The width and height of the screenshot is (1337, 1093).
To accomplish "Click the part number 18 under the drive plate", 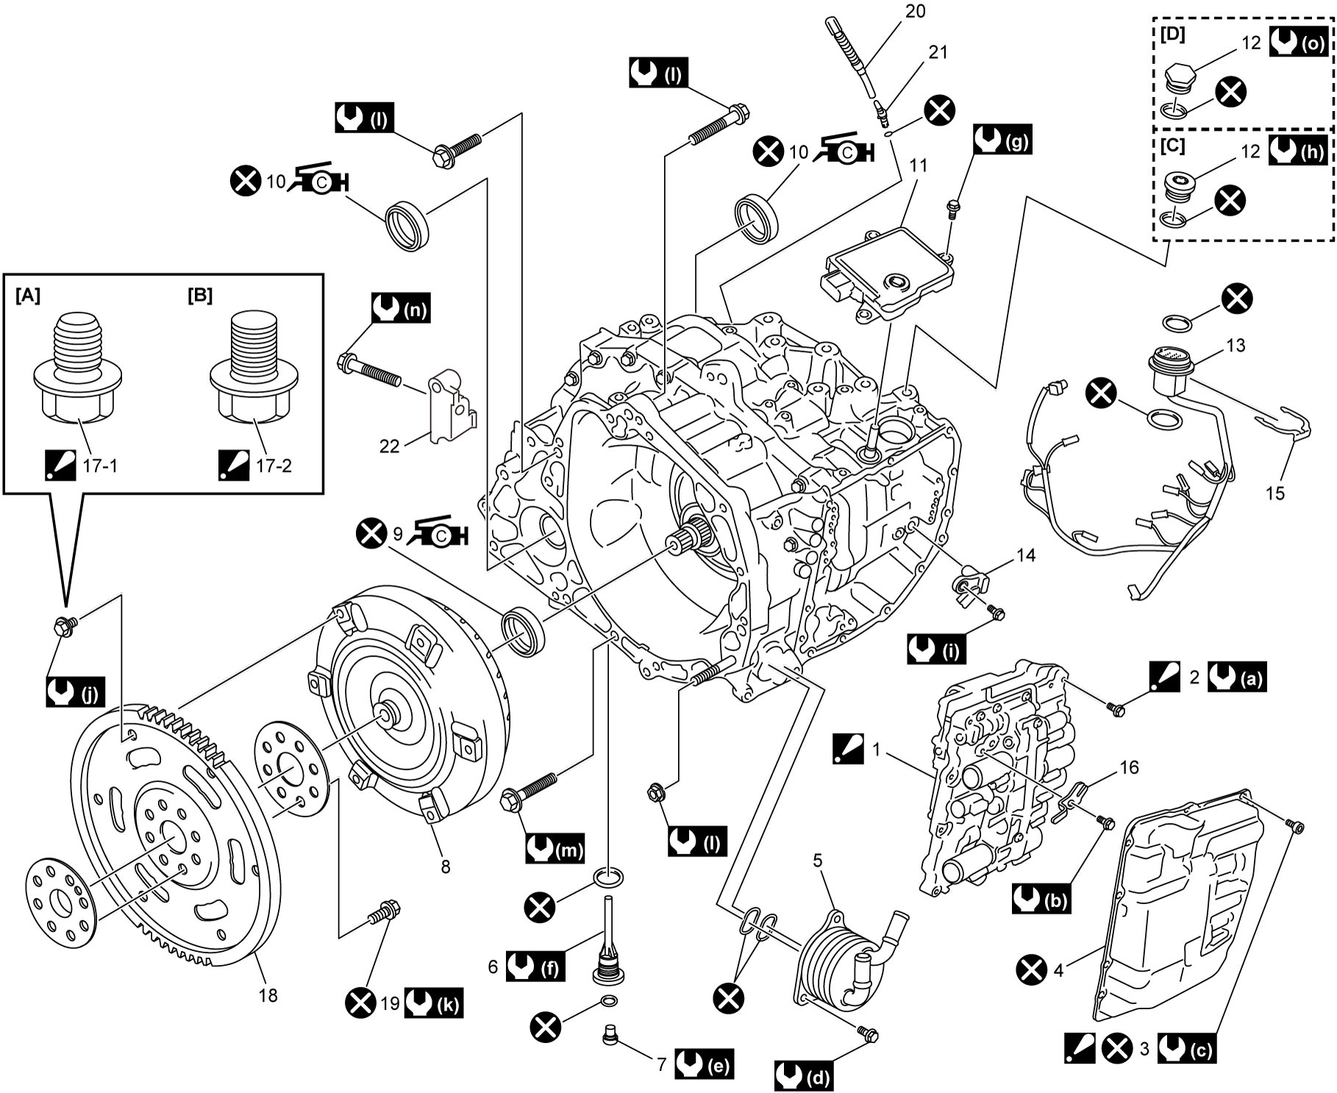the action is [268, 995].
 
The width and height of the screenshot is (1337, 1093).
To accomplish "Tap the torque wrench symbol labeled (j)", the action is [76, 692].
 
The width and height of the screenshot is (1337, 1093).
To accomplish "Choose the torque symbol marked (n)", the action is [401, 309].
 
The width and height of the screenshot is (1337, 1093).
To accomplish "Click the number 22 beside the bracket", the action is [389, 446].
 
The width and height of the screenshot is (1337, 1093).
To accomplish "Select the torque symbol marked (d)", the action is [804, 1076].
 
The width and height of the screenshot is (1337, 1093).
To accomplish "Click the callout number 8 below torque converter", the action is [446, 866].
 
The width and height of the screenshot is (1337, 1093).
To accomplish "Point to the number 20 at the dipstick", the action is [916, 11].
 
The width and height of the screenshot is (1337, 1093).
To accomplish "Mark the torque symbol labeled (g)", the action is [1002, 139].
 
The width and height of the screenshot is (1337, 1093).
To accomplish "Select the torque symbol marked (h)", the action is [1299, 151].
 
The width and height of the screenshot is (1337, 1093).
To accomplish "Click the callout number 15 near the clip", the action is [1275, 492].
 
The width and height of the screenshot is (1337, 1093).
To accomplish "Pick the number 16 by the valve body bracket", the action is [1129, 767].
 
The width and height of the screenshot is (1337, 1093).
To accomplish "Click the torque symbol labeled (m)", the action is [555, 849].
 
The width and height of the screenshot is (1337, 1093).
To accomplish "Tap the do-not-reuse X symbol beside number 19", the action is [361, 1004].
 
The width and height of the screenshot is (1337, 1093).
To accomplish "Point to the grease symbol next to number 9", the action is [439, 534].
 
